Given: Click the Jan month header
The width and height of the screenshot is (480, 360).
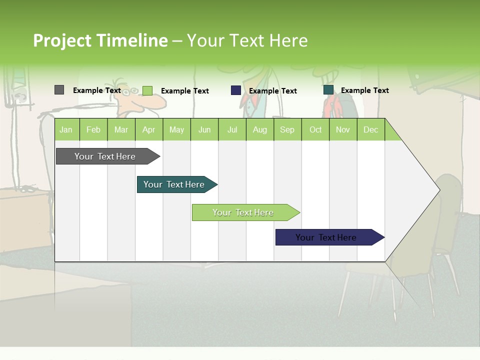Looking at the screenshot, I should [x=66, y=129].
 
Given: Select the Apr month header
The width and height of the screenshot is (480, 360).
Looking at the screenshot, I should [x=149, y=129].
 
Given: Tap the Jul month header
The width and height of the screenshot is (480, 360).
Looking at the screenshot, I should [x=232, y=129].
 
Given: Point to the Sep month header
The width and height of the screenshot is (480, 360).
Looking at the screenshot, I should [x=287, y=129].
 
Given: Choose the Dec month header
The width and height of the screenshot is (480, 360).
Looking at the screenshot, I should [x=370, y=129].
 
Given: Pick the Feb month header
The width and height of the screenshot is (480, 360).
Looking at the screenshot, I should [x=93, y=129].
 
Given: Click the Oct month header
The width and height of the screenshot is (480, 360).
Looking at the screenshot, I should [x=315, y=129].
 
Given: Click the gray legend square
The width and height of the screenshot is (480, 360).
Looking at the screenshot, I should [x=59, y=90].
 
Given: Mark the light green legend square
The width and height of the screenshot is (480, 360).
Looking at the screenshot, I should [x=147, y=90].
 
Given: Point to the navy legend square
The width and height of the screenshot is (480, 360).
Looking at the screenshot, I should [x=236, y=90].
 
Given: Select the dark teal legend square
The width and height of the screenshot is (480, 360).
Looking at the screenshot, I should [x=328, y=90].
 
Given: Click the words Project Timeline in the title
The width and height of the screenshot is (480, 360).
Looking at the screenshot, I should [x=100, y=40].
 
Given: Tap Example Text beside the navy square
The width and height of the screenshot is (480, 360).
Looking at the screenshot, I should [x=273, y=90].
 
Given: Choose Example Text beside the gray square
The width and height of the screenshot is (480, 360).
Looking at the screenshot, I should [x=97, y=90].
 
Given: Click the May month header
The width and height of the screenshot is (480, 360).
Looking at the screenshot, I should [x=176, y=129].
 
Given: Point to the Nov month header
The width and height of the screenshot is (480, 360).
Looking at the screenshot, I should [x=343, y=129].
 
